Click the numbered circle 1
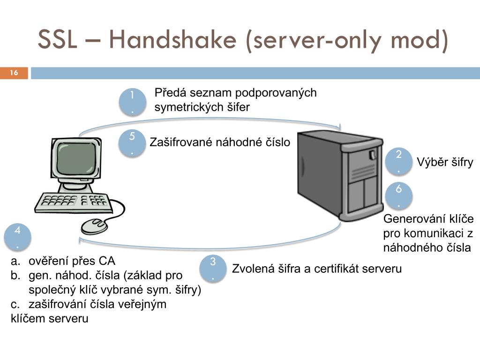point(132,102)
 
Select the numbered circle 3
point(213,269)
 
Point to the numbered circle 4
point(18,237)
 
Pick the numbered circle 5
point(132,143)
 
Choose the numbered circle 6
point(399,195)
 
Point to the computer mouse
point(94,226)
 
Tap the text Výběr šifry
point(445,162)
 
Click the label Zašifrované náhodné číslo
point(220,142)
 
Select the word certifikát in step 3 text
point(335,269)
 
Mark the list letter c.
point(15,304)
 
